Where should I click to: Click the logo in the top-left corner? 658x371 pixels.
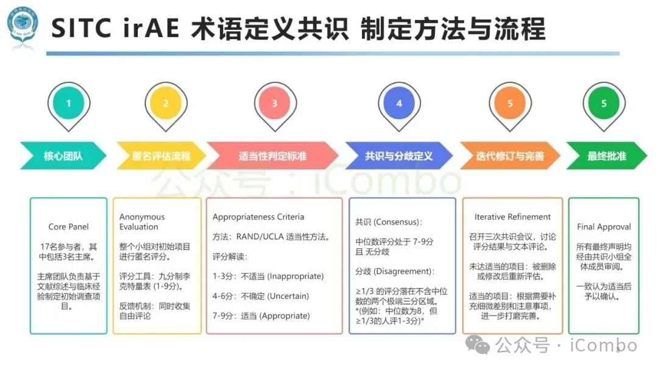point(23,27)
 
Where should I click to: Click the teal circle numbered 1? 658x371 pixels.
point(68,103)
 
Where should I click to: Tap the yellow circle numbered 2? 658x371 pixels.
point(166,103)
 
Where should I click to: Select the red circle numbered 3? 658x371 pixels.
point(274,103)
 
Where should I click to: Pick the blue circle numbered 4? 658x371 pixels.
point(399,103)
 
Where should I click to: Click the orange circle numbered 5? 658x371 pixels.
point(510,103)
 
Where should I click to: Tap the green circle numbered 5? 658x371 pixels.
point(604,103)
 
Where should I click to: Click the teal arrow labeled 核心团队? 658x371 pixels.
point(63,156)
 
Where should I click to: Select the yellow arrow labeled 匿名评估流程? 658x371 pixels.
point(161,156)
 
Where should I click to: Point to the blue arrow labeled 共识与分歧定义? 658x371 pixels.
point(399,156)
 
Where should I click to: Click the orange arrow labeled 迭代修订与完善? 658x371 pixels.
point(510,156)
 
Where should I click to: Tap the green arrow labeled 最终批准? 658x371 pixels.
point(606,156)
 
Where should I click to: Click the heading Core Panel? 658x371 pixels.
point(68,227)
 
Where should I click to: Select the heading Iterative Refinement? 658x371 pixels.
point(512,217)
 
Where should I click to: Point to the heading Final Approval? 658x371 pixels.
point(604,227)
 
